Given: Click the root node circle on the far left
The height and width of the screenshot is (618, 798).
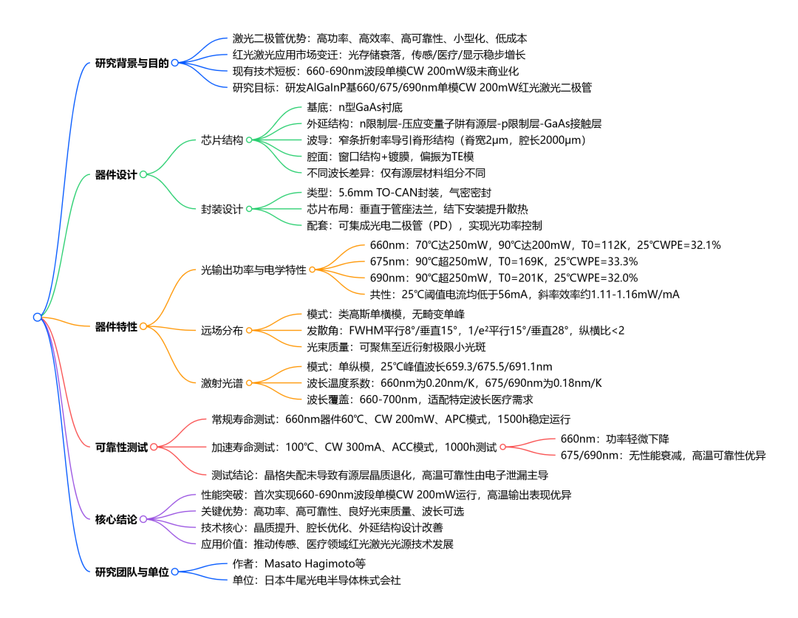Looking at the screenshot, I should click(38, 317).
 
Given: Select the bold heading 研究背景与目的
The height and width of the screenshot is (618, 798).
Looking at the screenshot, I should click(132, 63).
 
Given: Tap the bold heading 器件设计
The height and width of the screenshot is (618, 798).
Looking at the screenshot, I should click(117, 175).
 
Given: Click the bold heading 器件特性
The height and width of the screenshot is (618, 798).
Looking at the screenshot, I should click(117, 326).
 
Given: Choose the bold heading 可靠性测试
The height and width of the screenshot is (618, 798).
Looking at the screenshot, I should click(122, 447).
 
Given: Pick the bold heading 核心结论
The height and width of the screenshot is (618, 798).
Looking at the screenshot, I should click(117, 519).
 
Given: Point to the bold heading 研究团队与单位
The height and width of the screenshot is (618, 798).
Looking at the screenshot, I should click(132, 571).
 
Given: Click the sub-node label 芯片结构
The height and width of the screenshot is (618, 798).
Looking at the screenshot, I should click(222, 139).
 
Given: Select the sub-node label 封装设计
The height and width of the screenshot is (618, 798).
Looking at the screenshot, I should click(222, 209).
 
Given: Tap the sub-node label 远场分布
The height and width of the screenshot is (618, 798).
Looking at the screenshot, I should click(222, 331).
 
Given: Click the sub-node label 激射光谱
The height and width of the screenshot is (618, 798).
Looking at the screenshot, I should click(222, 382).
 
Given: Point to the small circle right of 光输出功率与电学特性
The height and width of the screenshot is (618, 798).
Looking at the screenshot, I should click(313, 269).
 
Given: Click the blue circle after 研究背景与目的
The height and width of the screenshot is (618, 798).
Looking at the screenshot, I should click(175, 63).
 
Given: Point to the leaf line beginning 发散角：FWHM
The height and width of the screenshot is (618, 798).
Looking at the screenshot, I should click(465, 330).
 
